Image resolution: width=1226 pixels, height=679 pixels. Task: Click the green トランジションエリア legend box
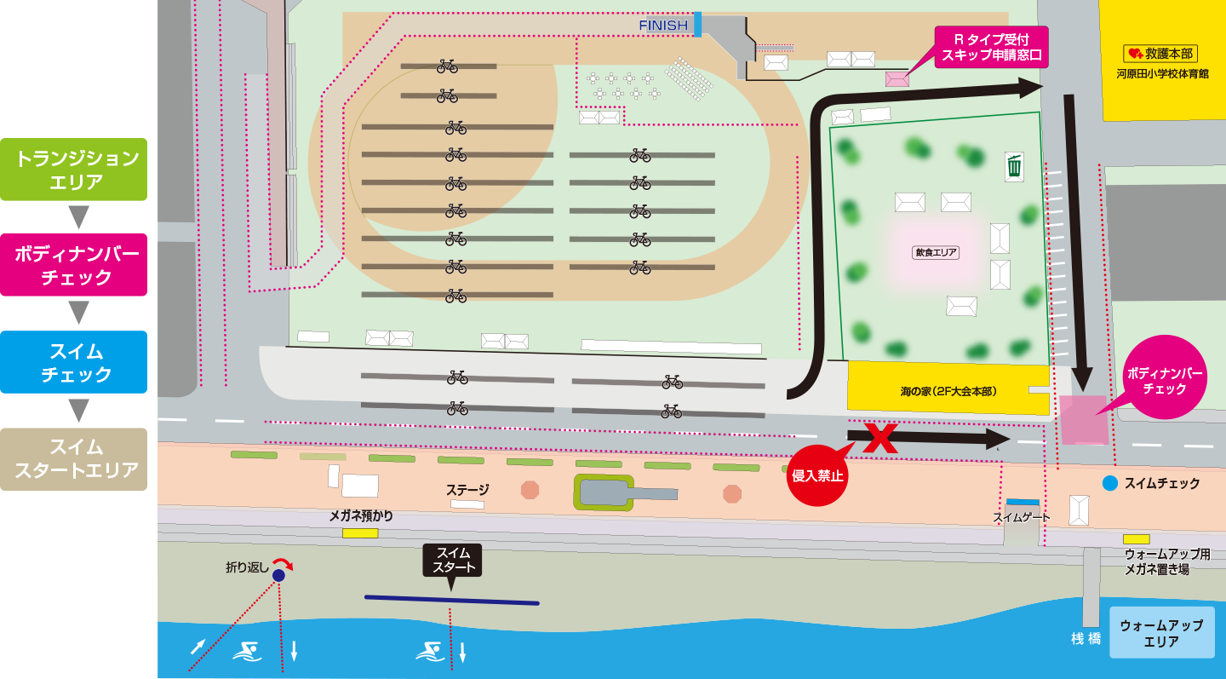73,170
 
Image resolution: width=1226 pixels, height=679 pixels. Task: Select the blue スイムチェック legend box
73,362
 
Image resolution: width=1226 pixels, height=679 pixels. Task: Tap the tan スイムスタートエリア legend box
73,459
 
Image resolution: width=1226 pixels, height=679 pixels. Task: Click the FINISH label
663,26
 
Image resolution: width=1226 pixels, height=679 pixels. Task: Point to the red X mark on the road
880,438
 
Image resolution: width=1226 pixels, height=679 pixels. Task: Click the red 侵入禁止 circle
816,475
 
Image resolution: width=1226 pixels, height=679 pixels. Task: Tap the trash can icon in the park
1014,166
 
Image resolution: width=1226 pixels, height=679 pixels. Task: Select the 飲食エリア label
936,252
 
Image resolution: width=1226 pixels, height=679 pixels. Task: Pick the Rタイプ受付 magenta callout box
991,47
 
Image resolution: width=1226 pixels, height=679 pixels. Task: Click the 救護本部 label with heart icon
1160,54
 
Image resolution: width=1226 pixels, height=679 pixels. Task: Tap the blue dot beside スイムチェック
1110,483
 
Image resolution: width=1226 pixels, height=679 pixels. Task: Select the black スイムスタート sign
452,561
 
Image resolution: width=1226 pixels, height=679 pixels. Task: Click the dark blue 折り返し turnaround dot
278,576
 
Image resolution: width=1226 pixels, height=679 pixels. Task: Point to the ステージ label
467,490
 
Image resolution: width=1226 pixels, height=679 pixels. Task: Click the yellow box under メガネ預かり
360,532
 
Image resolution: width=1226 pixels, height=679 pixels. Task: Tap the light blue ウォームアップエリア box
1161,632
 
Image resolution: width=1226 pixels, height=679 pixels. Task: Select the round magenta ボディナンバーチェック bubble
1165,377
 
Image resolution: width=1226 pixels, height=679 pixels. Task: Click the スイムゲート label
1022,517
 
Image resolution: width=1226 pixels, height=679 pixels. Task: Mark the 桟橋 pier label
1086,638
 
